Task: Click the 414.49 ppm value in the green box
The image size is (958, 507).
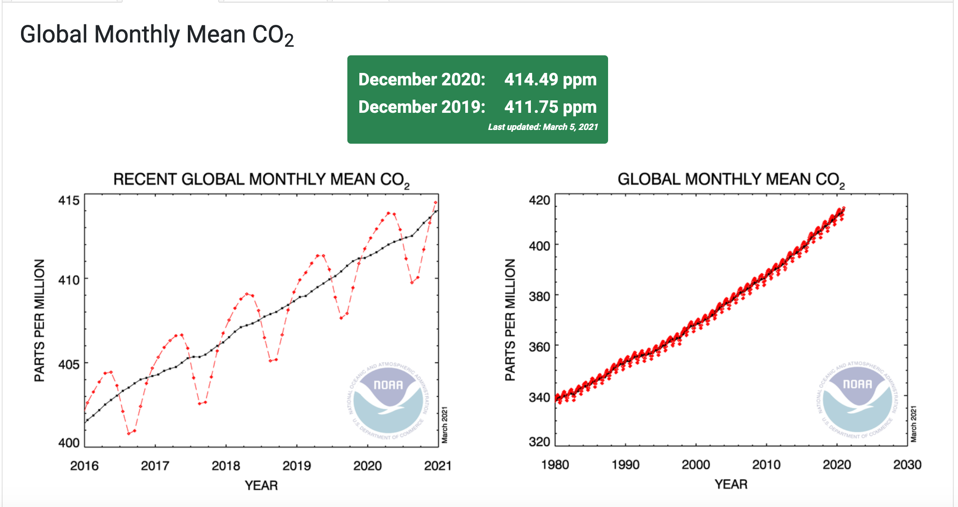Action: point(550,80)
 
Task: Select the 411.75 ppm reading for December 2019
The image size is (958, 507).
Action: point(550,107)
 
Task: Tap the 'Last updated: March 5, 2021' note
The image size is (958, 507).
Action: point(542,127)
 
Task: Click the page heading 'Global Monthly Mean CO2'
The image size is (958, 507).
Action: point(157,35)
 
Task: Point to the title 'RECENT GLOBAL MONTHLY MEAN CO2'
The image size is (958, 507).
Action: point(261,180)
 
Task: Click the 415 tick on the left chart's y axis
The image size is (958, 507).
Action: point(69,200)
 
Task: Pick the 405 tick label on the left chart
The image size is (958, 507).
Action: point(69,364)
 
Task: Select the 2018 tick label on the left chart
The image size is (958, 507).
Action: point(226,466)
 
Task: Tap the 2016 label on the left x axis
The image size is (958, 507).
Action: point(84,466)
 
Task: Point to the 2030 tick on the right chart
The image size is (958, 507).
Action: point(907,465)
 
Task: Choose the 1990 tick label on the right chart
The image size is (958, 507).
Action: point(626,465)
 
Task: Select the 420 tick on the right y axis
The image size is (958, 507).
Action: point(539,200)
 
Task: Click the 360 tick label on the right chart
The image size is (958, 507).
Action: point(539,347)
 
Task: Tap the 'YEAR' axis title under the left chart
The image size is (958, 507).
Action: point(261,486)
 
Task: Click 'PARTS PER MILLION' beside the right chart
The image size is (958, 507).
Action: point(510,320)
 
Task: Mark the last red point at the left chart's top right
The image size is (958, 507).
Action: point(436,202)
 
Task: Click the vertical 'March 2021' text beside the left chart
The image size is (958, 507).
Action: point(445,425)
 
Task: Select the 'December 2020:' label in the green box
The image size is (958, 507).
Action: point(422,80)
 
